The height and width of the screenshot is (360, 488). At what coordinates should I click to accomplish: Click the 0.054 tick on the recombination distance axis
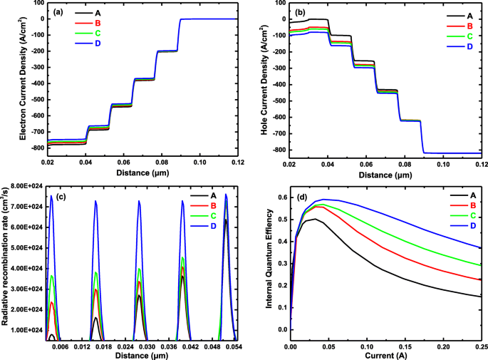pyautogui.click(x=233, y=346)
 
